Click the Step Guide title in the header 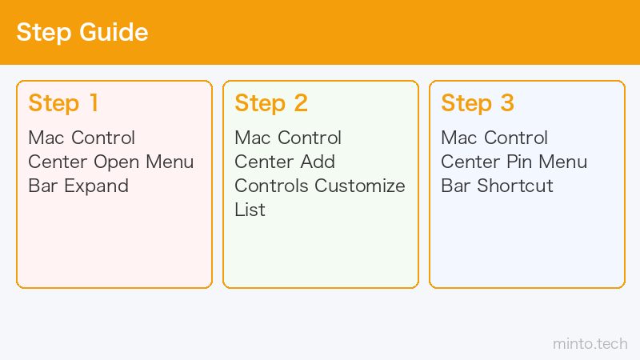[x=82, y=32]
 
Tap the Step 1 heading [x=63, y=103]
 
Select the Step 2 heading [x=271, y=103]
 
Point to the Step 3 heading [x=478, y=103]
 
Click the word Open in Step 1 [x=117, y=162]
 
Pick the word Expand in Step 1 [x=96, y=186]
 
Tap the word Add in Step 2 [x=318, y=162]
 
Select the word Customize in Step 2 [x=359, y=186]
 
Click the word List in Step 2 [x=250, y=210]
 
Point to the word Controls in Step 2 [x=271, y=186]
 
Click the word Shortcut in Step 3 [x=515, y=186]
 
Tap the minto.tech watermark [x=590, y=344]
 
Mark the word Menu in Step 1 [x=170, y=162]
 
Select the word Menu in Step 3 [x=563, y=162]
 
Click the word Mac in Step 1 [x=46, y=138]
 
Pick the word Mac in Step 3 [x=459, y=138]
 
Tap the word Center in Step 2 [x=264, y=162]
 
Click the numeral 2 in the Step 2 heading [x=301, y=102]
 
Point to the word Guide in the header [x=114, y=32]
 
